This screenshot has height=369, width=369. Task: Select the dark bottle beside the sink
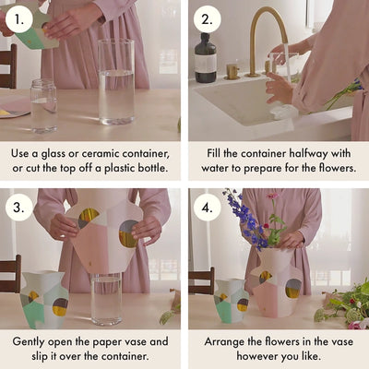(205, 59)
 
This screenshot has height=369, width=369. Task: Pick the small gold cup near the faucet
(232, 71)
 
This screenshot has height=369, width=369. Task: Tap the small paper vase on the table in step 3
(44, 300)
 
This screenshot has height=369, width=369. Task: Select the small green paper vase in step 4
(231, 301)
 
